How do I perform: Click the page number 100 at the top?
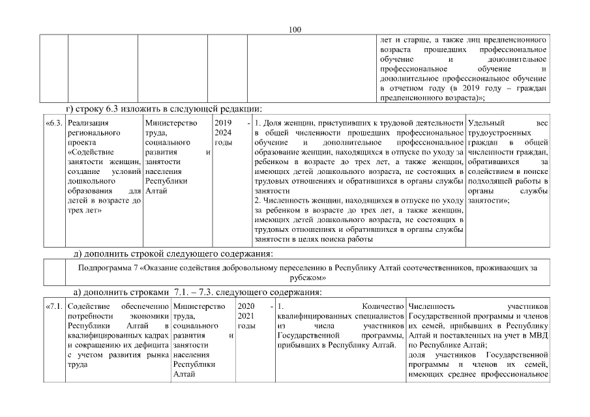pos(295,29)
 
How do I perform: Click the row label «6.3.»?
pos(54,122)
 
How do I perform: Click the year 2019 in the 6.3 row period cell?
pos(222,122)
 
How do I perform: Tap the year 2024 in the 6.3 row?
pos(222,132)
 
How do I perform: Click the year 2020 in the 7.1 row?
pos(246,306)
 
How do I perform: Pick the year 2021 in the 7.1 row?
pos(246,315)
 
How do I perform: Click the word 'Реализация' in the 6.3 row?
pos(88,122)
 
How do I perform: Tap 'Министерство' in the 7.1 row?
pos(199,306)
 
